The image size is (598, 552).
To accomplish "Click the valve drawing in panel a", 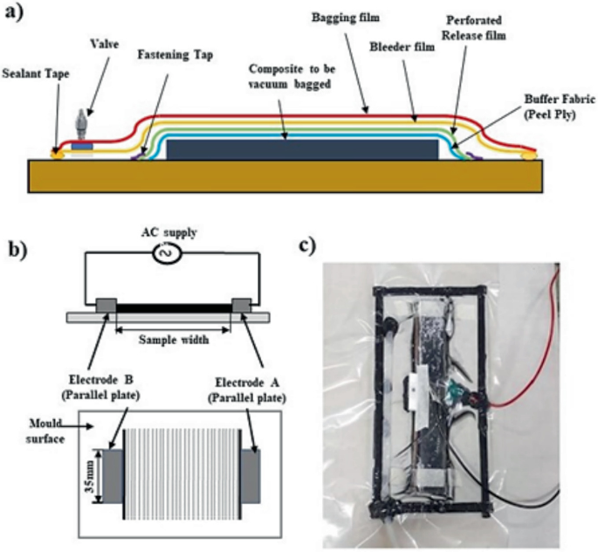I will coord(80,122).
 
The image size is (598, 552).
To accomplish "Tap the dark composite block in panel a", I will coord(301,148).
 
